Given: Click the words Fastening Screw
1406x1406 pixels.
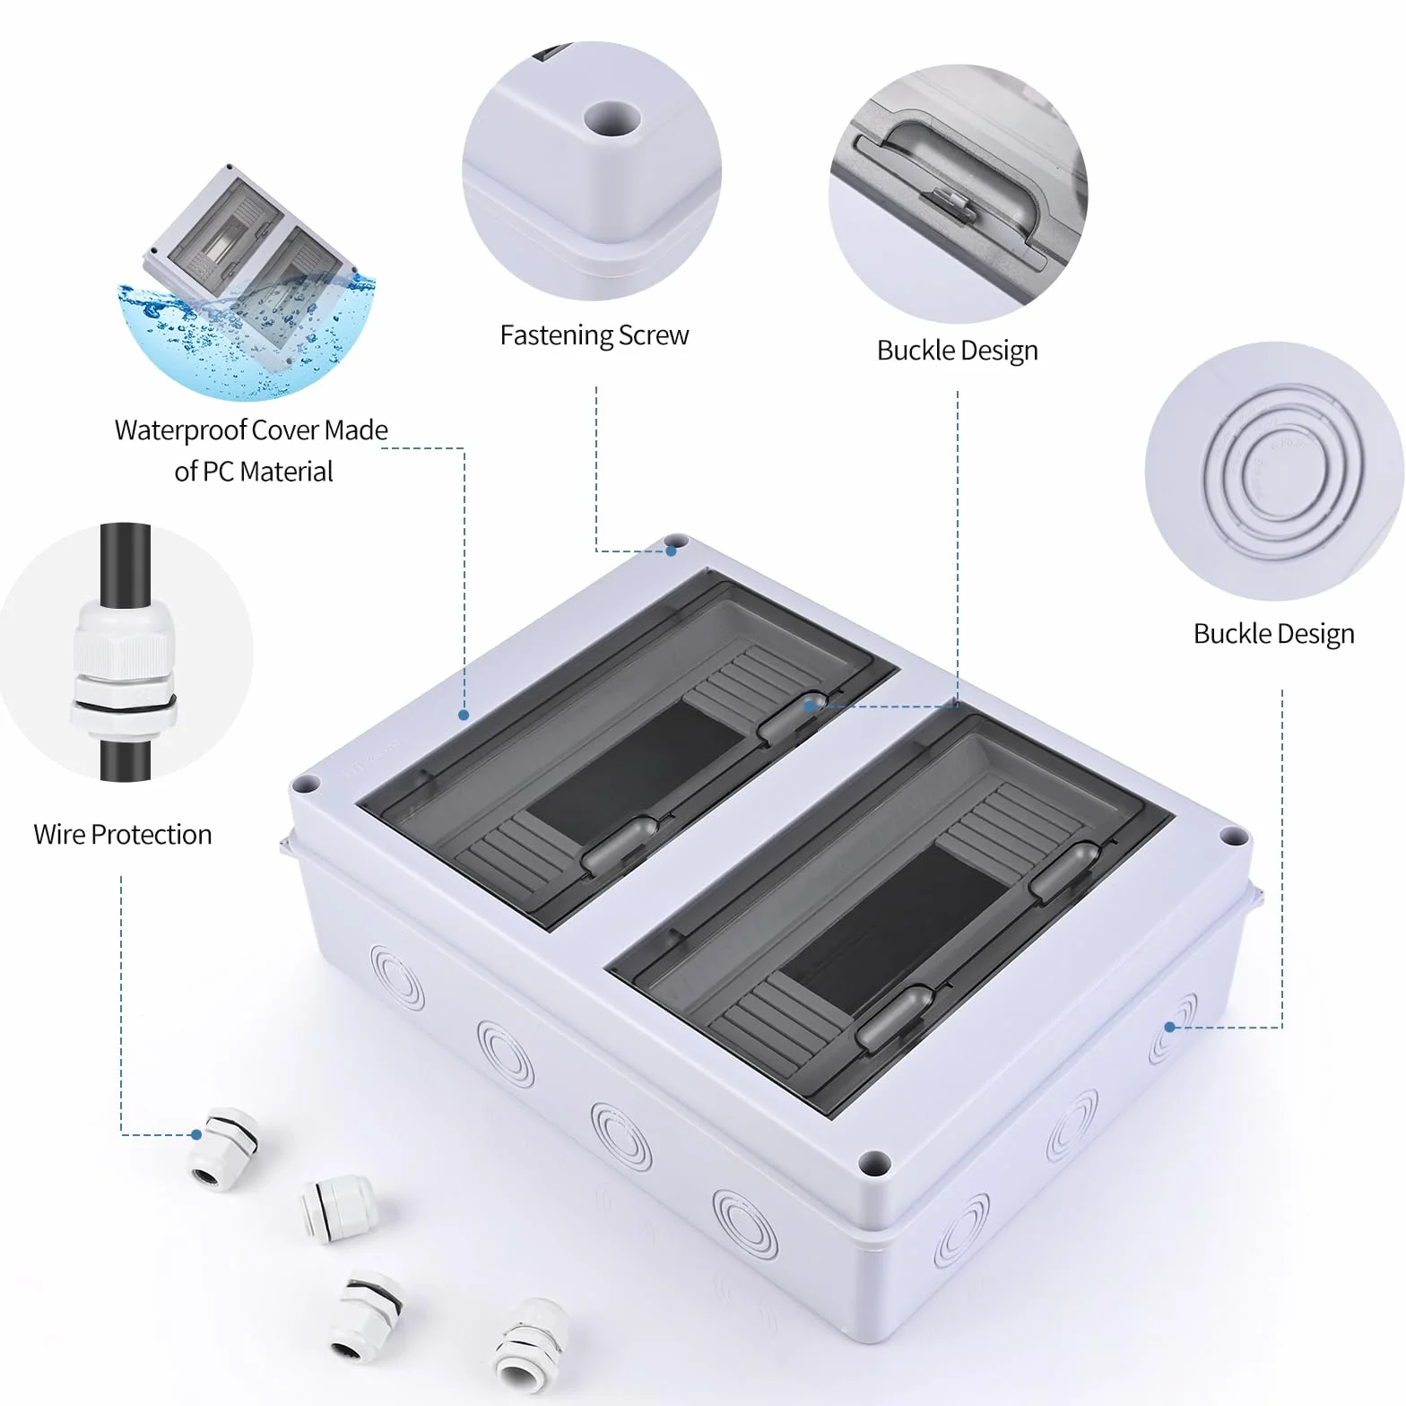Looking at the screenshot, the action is click(x=595, y=335).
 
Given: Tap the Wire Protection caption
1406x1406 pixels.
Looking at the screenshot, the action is click(x=123, y=835).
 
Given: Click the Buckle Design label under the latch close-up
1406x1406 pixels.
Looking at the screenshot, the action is click(x=957, y=351).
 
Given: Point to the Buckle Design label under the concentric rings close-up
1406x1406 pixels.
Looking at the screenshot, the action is click(x=1273, y=634).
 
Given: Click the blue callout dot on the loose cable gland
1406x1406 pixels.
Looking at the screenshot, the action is click(x=196, y=1135).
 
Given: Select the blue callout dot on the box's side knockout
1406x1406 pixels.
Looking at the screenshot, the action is click(x=1169, y=1027).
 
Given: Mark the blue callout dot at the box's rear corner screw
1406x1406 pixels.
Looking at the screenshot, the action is click(x=671, y=551).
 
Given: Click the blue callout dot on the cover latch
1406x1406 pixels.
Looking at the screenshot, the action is click(x=810, y=706).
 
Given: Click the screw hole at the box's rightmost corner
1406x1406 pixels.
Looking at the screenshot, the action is click(x=1233, y=838).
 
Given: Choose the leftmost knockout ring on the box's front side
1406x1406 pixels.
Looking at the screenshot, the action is click(x=396, y=976).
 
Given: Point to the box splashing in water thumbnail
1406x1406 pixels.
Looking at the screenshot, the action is click(x=247, y=282).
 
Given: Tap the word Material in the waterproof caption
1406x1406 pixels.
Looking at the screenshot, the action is click(x=286, y=472).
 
